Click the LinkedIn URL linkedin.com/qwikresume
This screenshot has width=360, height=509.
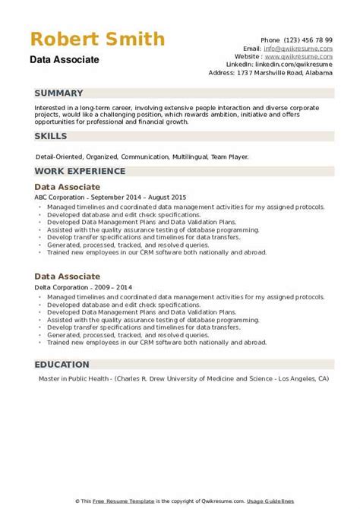[302, 64]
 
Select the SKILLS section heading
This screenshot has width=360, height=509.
[50, 135]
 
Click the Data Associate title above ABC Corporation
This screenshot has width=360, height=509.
[67, 186]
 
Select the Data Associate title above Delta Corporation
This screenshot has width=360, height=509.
[67, 278]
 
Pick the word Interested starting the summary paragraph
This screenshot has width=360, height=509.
[49, 108]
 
